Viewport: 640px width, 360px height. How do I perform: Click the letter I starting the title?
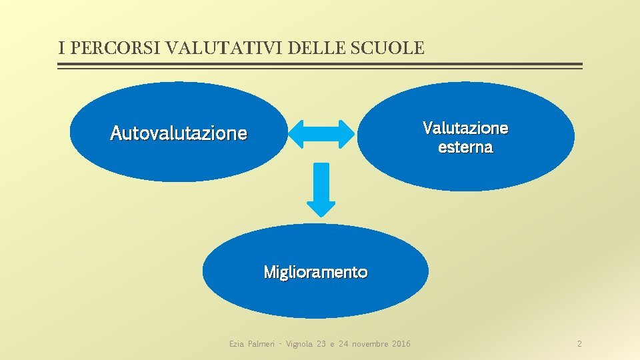61,48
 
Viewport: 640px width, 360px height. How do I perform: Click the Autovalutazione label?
178,133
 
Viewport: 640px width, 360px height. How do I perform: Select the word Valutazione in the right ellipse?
465,127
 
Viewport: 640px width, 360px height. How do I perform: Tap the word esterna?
465,147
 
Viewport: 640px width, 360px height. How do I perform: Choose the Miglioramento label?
315,272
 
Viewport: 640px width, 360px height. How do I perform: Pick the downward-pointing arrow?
323,189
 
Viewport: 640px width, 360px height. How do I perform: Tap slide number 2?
579,344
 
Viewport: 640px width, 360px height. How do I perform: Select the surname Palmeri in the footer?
261,344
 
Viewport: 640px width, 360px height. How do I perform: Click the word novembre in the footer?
369,344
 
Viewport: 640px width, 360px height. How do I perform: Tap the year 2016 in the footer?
402,344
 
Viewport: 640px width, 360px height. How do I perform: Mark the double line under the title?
320,66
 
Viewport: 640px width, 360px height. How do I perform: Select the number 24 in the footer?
345,344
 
